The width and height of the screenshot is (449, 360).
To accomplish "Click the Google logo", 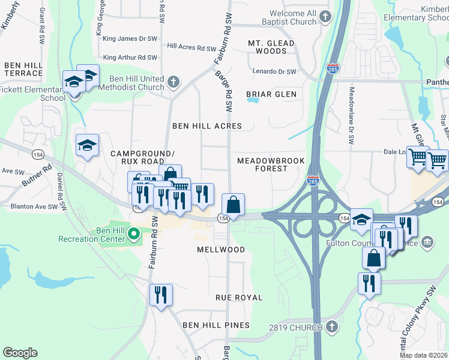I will pos(20,353).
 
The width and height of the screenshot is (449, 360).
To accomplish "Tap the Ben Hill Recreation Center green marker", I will pos(134,233).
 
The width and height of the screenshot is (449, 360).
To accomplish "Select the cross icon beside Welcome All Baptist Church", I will pos(325,17).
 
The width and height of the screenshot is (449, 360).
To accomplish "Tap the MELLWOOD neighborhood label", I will pos(221,249).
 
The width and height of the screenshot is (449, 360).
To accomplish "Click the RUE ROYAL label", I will pos(239,298).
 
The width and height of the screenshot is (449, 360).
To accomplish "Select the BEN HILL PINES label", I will pos(216,325).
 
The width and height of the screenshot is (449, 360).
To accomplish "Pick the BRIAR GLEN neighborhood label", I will pos(271,94).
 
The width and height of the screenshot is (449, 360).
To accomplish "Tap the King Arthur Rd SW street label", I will pos(130,58).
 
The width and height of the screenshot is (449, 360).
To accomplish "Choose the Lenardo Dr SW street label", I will pos(275,72).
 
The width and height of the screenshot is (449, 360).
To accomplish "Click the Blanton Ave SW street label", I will pos(34,206).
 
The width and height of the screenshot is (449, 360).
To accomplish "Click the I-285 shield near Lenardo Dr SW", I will pos(332,68).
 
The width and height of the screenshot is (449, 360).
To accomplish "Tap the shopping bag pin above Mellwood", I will pos(234,205).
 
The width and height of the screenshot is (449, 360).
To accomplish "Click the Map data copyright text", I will pos(424,355).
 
